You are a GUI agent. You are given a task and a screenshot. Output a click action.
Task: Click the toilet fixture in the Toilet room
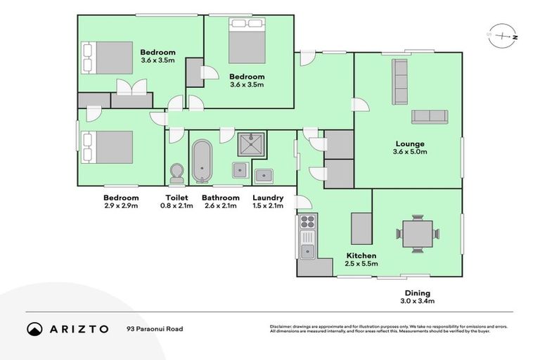point(177,173)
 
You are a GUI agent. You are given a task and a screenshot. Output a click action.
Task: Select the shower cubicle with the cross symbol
point(250,144)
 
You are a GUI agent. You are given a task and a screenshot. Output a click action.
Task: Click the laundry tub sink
point(264,175)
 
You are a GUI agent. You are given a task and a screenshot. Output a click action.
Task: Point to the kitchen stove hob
point(307,226)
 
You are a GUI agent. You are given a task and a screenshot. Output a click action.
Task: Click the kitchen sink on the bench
point(307,250)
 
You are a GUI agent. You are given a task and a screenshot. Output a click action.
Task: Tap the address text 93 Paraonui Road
point(153,328)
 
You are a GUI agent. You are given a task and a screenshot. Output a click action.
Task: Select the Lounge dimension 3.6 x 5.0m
point(409,153)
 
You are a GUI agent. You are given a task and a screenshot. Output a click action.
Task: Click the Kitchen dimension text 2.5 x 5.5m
point(361,264)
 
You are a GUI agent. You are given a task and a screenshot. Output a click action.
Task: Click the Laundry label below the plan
point(268,198)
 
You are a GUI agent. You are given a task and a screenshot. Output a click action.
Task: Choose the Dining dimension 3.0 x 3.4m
point(417,302)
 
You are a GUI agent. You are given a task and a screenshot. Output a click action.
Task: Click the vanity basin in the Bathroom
point(239,168)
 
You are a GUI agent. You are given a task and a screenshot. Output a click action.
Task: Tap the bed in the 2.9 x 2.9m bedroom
point(106,147)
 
